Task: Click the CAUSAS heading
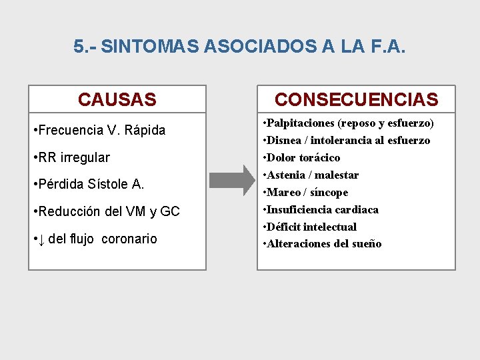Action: pyautogui.click(x=117, y=100)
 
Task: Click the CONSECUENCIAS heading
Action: pyautogui.click(x=356, y=100)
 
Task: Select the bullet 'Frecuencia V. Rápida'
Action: pyautogui.click(x=99, y=130)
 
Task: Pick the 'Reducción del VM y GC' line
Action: pyautogui.click(x=106, y=211)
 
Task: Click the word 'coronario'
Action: pyautogui.click(x=129, y=239)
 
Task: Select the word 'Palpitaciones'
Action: pyautogui.click(x=302, y=123)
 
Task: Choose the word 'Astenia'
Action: pyautogui.click(x=285, y=175)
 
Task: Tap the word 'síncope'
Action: pyautogui.click(x=329, y=193)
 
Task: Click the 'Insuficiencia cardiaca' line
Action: pyautogui.click(x=321, y=209)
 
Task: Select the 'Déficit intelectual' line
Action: pyautogui.click(x=311, y=227)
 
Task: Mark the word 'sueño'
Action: pyautogui.click(x=365, y=244)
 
